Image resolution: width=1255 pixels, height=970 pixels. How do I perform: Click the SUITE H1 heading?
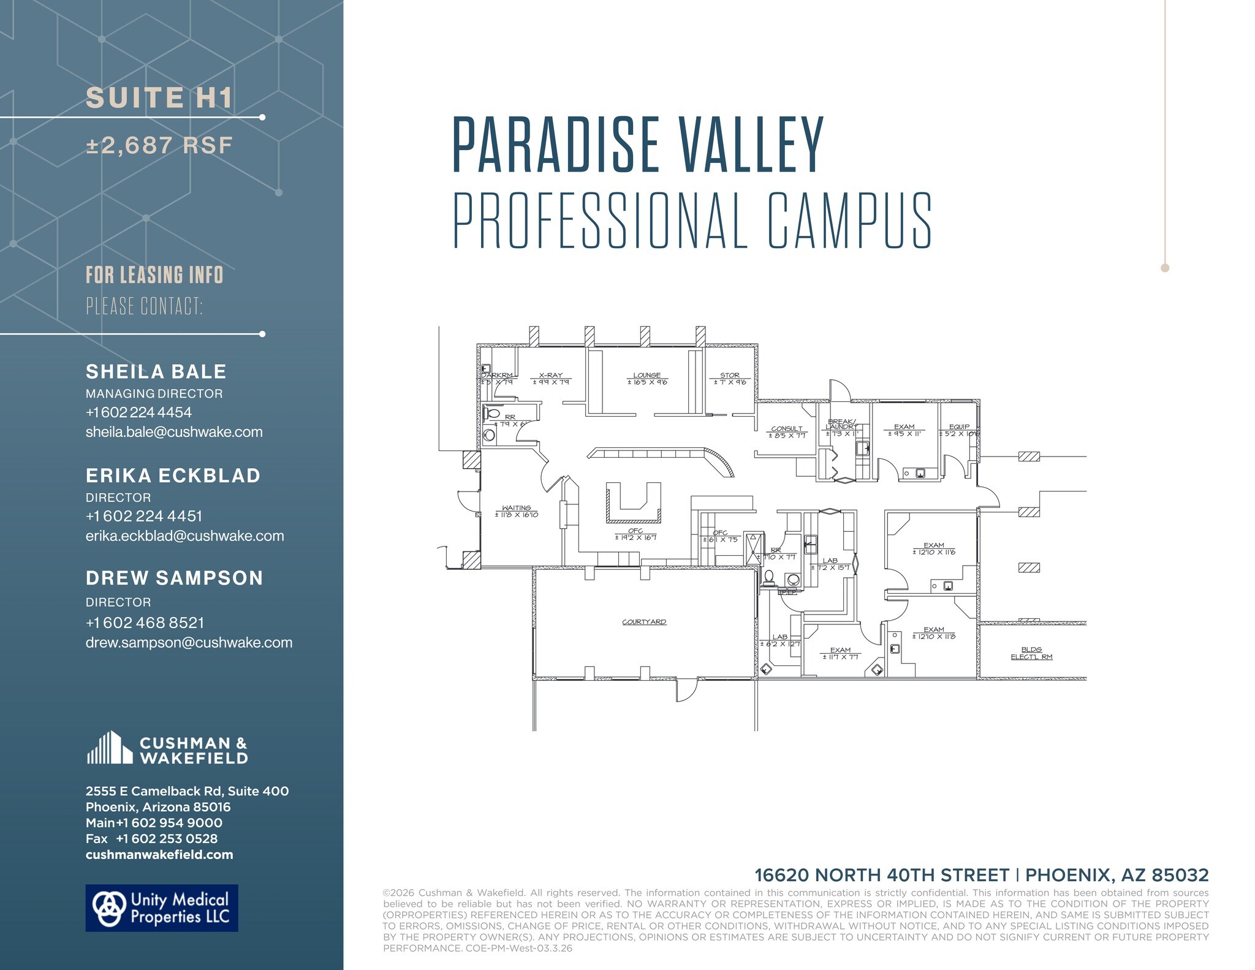[159, 98]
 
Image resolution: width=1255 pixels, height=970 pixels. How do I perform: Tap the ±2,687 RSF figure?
[159, 146]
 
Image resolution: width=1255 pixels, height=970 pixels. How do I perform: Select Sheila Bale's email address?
[174, 432]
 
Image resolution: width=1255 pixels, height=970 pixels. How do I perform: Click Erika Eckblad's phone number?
[144, 516]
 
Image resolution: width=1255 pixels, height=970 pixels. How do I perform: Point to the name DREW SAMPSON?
[174, 578]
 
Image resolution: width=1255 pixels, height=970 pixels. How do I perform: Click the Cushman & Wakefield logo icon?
[110, 748]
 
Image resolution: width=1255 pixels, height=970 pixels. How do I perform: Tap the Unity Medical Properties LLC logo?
[161, 908]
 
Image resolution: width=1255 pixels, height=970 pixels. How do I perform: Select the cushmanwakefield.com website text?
[159, 855]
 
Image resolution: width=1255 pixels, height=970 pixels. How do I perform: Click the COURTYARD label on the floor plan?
[644, 622]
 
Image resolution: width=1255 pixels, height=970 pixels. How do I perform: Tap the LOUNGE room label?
[647, 376]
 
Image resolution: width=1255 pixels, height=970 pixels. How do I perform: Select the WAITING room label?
[517, 508]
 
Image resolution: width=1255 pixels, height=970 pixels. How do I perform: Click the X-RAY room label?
[551, 376]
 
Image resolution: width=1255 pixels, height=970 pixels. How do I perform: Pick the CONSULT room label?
[787, 429]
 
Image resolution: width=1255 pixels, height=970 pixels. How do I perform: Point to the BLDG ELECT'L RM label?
[1031, 653]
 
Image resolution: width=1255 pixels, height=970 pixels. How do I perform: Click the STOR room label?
[730, 376]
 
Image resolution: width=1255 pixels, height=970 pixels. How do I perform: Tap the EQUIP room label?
[959, 427]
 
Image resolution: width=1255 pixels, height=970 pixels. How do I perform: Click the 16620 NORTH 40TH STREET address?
[881, 875]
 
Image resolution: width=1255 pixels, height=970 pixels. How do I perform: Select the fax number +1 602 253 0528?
[167, 839]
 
